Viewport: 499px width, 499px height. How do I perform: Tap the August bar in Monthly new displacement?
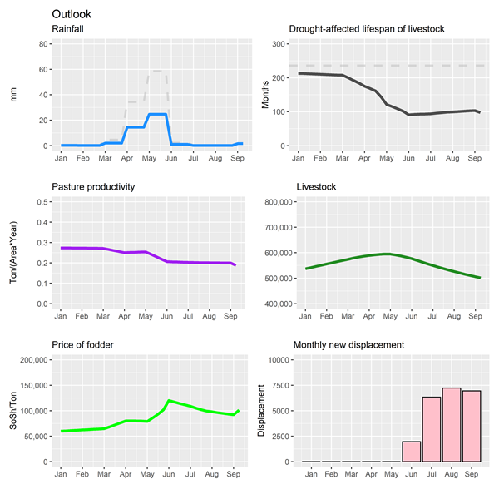[x=451, y=424]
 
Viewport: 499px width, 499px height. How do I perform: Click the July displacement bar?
[x=432, y=429]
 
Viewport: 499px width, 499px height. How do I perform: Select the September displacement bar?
[x=471, y=426]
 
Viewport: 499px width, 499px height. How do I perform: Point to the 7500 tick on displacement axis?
[x=279, y=385]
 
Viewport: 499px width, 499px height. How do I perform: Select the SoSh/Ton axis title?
[x=12, y=411]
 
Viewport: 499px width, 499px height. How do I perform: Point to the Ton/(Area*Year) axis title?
[x=12, y=253]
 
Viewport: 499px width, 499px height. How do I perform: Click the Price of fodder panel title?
[x=85, y=344]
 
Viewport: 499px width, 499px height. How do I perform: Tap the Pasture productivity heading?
[x=96, y=187]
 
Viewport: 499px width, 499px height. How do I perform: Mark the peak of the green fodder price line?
[x=169, y=401]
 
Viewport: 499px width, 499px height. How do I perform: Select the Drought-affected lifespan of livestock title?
[x=366, y=30]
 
